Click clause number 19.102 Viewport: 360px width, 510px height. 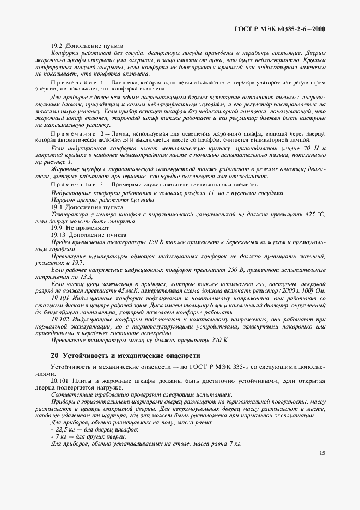60,319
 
